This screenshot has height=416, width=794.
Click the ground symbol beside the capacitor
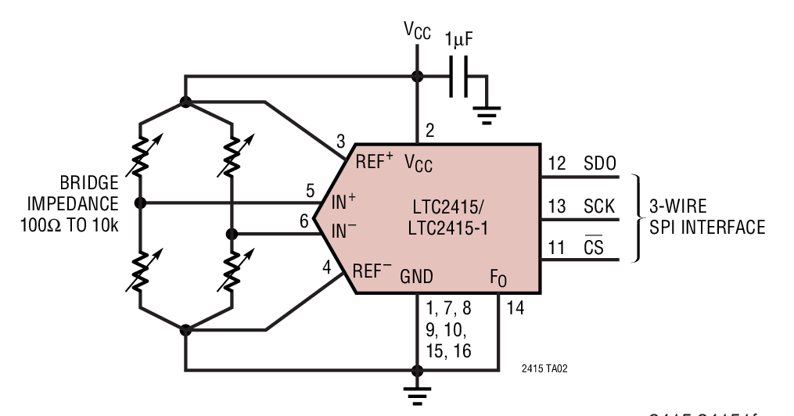[487, 116]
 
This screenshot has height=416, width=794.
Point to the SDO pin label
[600, 164]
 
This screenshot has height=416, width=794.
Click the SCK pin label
[600, 207]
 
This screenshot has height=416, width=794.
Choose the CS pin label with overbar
[594, 249]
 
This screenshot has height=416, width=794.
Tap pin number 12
[556, 164]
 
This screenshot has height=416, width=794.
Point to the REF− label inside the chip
[372, 271]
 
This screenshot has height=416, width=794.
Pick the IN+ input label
[343, 202]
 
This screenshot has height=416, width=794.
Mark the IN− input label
[343, 231]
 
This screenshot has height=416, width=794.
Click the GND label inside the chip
[416, 275]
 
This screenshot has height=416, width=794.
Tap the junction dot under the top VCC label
[417, 76]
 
